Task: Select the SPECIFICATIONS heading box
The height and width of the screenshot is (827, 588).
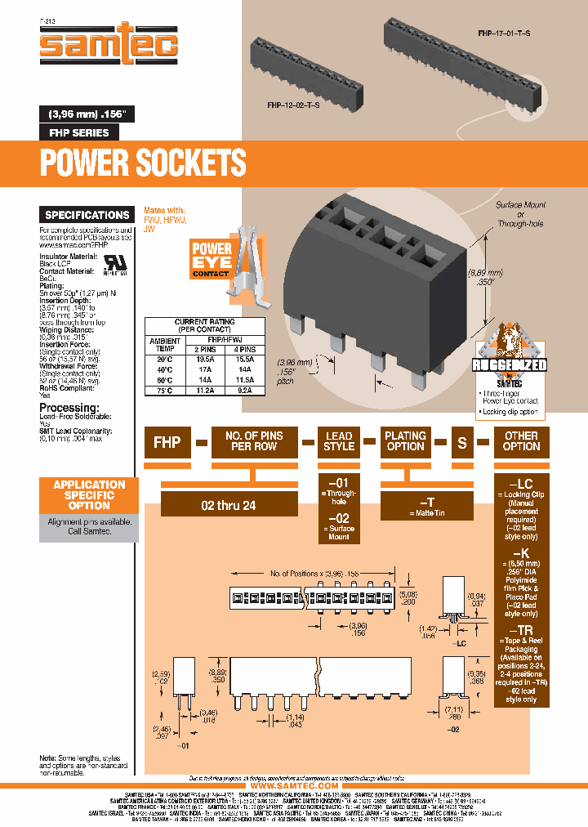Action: pyautogui.click(x=87, y=215)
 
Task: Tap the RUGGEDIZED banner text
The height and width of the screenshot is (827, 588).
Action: pyautogui.click(x=510, y=365)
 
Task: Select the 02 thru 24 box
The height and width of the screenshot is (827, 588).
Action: pyautogui.click(x=228, y=505)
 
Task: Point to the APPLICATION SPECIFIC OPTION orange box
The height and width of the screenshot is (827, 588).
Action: pyautogui.click(x=89, y=494)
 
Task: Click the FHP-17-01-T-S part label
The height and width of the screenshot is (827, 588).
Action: pyautogui.click(x=504, y=34)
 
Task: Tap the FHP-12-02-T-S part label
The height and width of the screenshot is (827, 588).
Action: pyautogui.click(x=293, y=105)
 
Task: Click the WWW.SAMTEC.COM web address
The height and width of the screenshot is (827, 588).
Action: pyautogui.click(x=294, y=785)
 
